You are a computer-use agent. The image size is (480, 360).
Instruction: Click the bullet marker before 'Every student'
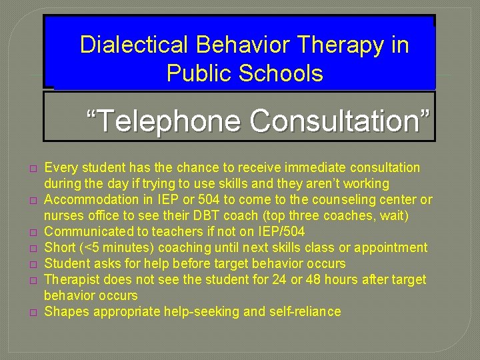[x=31, y=168]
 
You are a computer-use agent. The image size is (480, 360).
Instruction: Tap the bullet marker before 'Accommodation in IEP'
[x=31, y=200]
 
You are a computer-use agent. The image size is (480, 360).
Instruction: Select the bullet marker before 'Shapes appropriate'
[x=31, y=312]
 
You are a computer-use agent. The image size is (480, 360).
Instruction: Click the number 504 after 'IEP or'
[x=209, y=199]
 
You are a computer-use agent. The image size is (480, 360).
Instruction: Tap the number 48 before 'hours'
[x=301, y=279]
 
